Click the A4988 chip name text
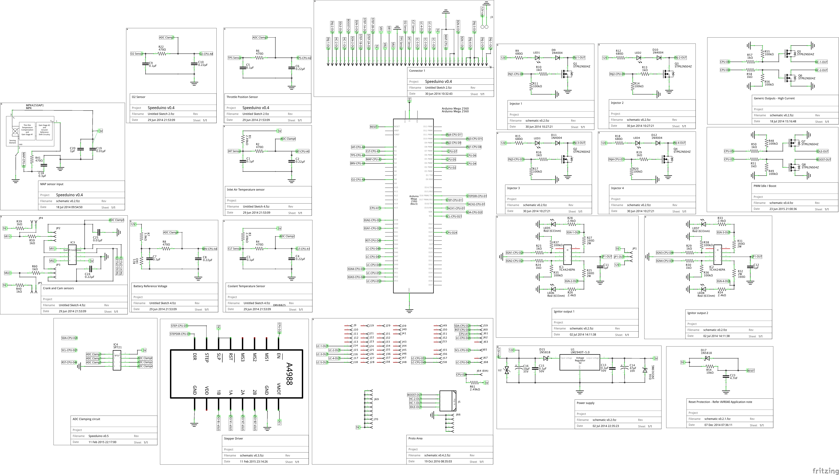pos(289,374)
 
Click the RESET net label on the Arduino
pos(374,127)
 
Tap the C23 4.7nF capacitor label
pos(733,377)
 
